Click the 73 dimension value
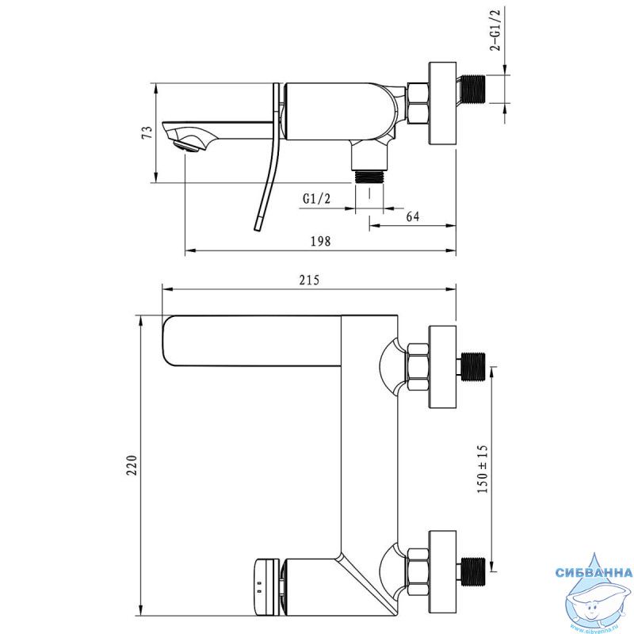[148, 132]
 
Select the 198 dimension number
[321, 242]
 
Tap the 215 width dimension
[309, 280]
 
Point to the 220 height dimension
[132, 466]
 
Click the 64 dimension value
[412, 216]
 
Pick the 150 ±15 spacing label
[483, 469]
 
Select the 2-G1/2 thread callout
[495, 30]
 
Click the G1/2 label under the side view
[316, 199]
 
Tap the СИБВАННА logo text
[594, 572]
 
